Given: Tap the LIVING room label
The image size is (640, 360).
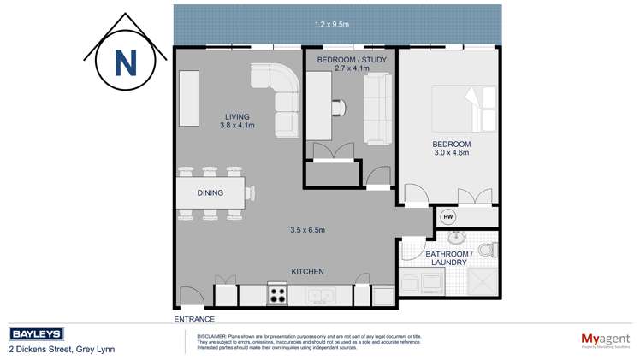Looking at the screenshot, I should coord(237,118).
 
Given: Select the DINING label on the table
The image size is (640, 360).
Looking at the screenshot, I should coord(210,193).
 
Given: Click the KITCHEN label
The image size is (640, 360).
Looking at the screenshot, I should coord(307,271).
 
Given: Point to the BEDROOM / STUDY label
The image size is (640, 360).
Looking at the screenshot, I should coord(351,60).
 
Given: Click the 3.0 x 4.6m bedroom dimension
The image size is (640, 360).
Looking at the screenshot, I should coord(450,154).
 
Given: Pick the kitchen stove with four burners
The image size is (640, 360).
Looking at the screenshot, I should coord(278,295).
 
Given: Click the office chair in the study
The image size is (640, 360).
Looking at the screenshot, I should coord(341,107).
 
